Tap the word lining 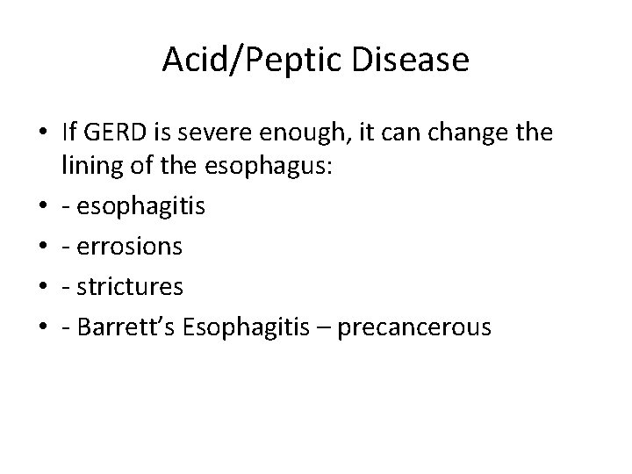click(89, 167)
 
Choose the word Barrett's click(126, 327)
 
